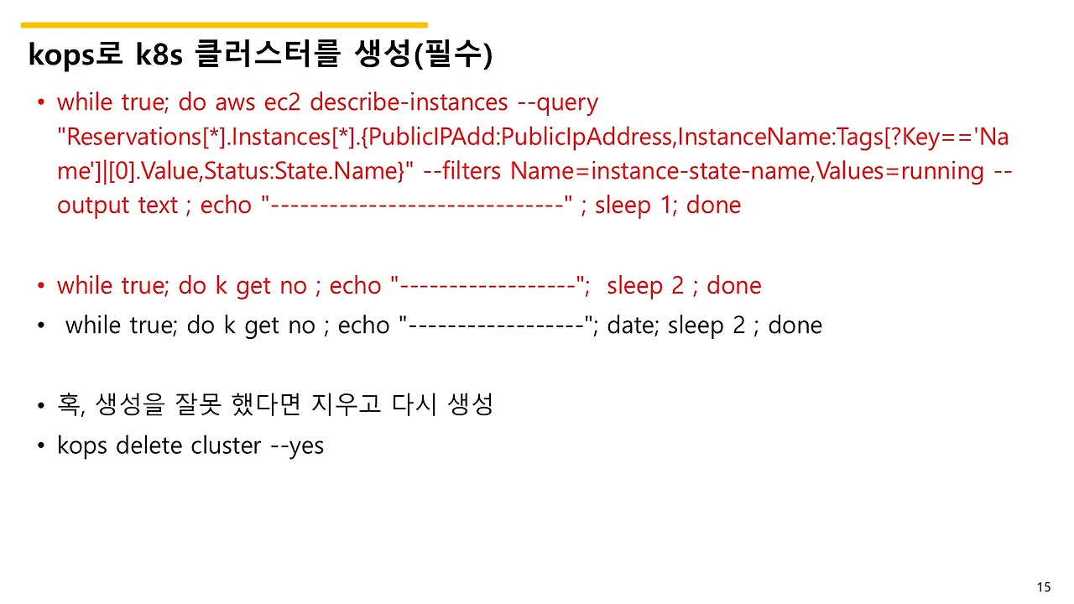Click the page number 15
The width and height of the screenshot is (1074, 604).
(x=1044, y=587)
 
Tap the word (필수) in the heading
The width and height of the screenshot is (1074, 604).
(x=452, y=55)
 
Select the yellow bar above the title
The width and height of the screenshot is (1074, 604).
(x=224, y=25)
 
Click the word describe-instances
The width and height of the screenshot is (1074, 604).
(x=409, y=102)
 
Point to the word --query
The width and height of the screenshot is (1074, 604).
(x=558, y=102)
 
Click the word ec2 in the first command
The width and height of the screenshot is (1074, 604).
(x=283, y=102)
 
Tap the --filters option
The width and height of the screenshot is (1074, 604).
(x=463, y=171)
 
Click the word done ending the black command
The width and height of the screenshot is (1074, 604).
(x=795, y=325)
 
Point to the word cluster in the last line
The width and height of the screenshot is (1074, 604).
(x=226, y=445)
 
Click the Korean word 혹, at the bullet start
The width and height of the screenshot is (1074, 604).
(x=72, y=405)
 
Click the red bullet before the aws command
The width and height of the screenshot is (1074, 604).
(x=40, y=103)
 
